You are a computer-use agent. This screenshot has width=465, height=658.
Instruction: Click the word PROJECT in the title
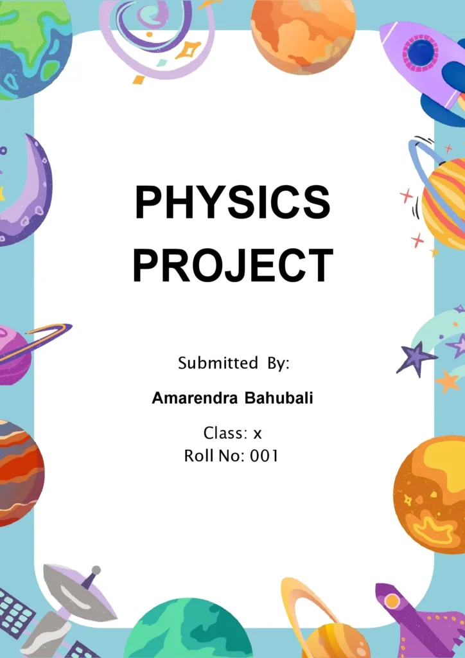click(x=232, y=265)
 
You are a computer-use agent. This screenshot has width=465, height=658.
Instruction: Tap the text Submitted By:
click(x=234, y=364)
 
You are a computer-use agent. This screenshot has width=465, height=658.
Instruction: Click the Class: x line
click(x=232, y=433)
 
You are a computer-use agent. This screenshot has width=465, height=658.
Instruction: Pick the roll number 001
click(x=264, y=456)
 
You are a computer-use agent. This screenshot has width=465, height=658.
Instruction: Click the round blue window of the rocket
click(x=421, y=53)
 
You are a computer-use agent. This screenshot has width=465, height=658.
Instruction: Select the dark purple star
click(x=415, y=357)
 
